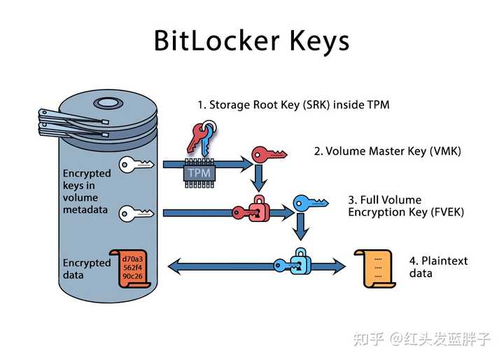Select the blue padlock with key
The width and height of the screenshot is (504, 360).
pyautogui.click(x=294, y=262)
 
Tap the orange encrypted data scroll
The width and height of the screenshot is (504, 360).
pyautogui.click(x=132, y=266)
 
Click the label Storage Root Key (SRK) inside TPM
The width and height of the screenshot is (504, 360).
pyautogui.click(x=293, y=105)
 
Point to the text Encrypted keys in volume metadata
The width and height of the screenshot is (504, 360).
pyautogui.click(x=87, y=191)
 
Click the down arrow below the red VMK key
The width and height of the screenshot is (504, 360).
pyautogui.click(x=259, y=179)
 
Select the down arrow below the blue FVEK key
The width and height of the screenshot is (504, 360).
pyautogui.click(x=301, y=228)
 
